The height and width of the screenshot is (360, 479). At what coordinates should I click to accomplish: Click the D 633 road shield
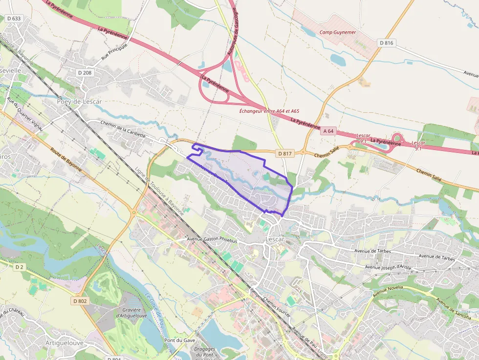pyautogui.click(x=14, y=19)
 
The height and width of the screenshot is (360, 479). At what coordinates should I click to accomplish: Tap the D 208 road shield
pyautogui.click(x=85, y=73)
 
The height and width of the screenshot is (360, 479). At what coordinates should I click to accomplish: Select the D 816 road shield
pyautogui.click(x=386, y=43)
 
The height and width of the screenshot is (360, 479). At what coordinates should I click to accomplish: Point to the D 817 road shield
pyautogui.click(x=285, y=153)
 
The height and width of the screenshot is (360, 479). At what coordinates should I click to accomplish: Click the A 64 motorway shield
pyautogui.click(x=329, y=131)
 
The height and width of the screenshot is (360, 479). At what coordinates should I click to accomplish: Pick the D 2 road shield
pyautogui.click(x=19, y=267)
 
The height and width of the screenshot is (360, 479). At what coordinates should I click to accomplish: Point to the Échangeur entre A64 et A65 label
pyautogui.click(x=269, y=111)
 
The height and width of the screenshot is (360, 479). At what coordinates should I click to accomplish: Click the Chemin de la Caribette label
pyautogui.click(x=116, y=129)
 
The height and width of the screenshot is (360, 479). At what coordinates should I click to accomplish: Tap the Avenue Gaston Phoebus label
pyautogui.click(x=212, y=240)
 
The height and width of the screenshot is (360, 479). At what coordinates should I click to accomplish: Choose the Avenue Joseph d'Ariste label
pyautogui.click(x=389, y=267)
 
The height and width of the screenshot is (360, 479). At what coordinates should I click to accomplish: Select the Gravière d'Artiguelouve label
pyautogui.click(x=129, y=313)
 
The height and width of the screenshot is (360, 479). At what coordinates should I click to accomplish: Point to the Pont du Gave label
pyautogui.click(x=177, y=340)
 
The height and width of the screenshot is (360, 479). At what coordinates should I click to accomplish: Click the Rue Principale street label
pyautogui.click(x=114, y=51)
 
